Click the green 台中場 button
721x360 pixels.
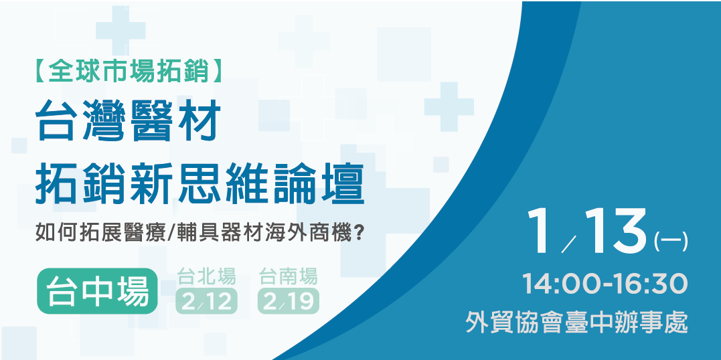pos(97,292)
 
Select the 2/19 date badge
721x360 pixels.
pos(289,302)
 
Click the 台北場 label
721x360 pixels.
pos(207,275)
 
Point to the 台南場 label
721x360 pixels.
pos(289,275)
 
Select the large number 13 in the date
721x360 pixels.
pos(616,231)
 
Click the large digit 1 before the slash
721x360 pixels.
pos(541,231)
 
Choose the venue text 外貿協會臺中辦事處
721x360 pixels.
pos(577,323)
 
